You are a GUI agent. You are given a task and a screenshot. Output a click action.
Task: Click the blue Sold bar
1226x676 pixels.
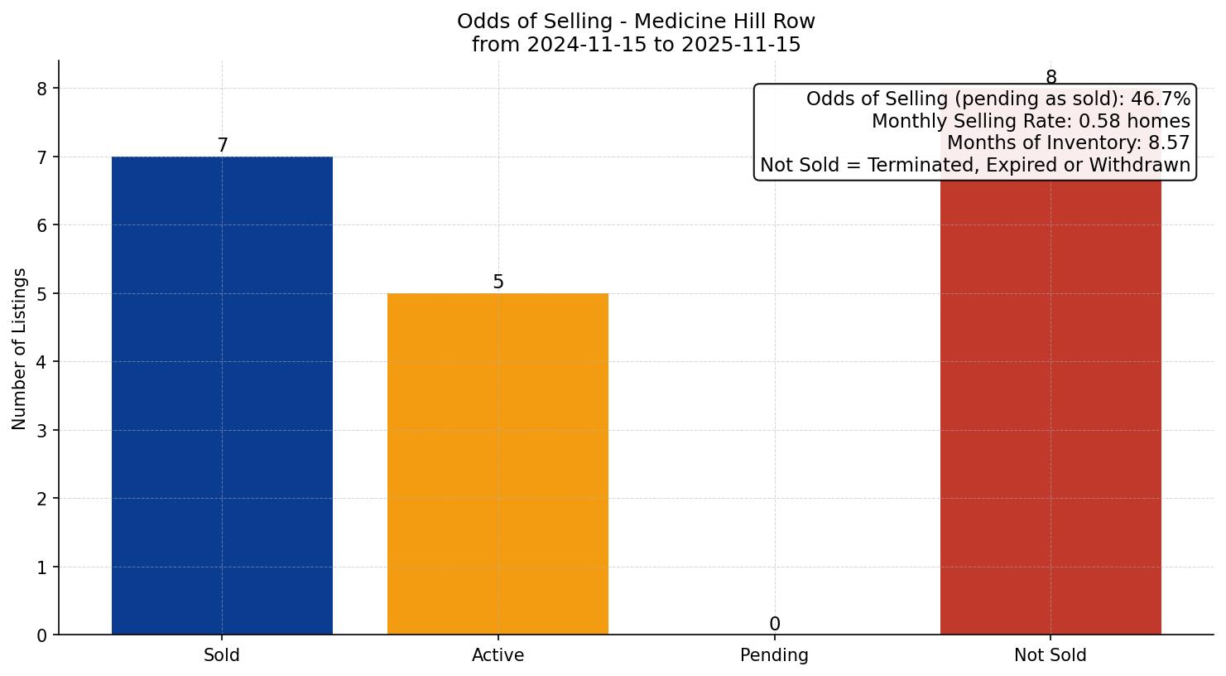click(222, 395)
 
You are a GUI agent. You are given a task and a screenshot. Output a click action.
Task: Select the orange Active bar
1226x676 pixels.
click(498, 464)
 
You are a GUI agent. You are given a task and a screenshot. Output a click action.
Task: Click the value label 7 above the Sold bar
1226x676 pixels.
click(222, 146)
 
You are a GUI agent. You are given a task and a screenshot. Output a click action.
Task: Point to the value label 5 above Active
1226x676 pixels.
click(498, 282)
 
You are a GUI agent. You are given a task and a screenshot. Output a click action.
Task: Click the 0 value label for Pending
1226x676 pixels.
click(774, 625)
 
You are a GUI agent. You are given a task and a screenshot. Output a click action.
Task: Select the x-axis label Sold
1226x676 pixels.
click(222, 655)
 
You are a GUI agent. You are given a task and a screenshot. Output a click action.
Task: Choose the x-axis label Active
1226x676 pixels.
click(498, 655)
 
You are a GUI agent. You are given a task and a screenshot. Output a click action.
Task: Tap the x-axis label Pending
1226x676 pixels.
click(774, 655)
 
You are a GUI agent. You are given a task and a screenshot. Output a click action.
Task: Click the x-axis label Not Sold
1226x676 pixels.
click(1050, 655)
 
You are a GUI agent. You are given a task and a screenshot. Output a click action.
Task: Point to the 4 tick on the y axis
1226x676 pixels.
click(42, 362)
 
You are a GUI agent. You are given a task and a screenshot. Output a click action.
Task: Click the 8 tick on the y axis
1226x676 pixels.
click(42, 89)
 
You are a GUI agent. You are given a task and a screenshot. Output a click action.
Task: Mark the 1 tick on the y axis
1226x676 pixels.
click(42, 567)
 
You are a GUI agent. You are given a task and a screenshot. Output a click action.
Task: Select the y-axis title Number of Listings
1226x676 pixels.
click(20, 348)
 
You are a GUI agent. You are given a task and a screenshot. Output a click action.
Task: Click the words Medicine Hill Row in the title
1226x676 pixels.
click(724, 22)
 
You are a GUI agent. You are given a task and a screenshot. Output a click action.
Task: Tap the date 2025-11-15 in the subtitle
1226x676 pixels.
click(741, 45)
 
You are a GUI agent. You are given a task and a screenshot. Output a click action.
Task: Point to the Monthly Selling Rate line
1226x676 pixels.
click(1031, 122)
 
